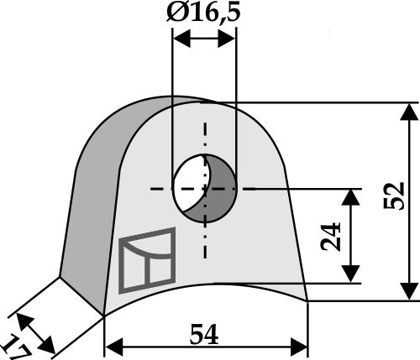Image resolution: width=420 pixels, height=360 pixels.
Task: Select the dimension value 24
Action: point(330,237)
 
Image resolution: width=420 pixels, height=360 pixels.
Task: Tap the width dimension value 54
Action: point(205,335)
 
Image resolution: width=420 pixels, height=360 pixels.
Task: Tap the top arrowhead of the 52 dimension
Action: point(408,110)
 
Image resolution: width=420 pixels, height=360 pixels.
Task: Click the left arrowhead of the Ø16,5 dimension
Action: point(177,39)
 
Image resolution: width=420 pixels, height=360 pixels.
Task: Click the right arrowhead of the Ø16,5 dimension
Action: point(231,39)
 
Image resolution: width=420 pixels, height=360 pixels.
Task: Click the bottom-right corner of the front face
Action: point(307,300)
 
